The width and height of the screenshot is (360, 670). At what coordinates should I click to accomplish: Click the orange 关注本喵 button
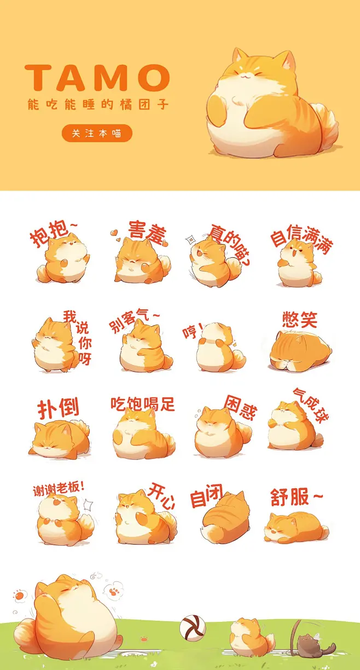point(97,133)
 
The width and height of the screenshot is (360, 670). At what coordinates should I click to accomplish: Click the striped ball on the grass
point(193,627)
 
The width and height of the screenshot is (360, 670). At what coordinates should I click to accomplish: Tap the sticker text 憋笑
point(299,319)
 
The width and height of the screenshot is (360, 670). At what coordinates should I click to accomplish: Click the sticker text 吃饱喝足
point(143,404)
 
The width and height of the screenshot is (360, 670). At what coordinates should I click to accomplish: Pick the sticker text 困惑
point(240,408)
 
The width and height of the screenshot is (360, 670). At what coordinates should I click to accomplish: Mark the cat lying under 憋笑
point(300,350)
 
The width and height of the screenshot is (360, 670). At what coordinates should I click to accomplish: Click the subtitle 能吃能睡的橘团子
point(98,104)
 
